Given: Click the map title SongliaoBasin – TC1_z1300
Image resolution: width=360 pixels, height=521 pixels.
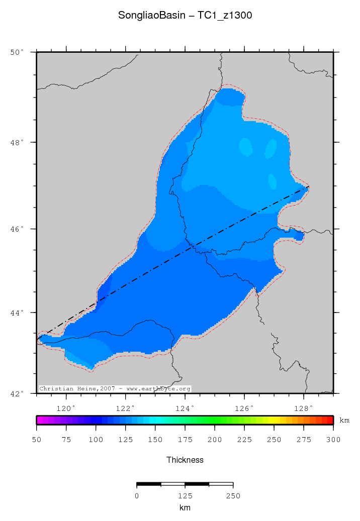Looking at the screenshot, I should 185,16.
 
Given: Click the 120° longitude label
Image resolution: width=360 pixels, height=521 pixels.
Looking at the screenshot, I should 66,408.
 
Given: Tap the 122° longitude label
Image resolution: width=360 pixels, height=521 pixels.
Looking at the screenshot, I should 125,408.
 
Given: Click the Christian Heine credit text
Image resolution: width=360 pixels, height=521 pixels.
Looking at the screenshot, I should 115,389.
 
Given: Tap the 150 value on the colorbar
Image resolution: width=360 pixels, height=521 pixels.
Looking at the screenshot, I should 155,440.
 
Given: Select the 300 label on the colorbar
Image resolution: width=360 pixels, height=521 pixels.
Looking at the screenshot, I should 333,440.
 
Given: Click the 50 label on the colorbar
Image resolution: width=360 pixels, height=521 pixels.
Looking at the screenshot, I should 36,440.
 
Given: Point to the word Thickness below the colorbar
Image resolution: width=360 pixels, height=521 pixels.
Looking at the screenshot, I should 185,460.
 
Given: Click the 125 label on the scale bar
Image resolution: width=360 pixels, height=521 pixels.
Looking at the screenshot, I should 185,496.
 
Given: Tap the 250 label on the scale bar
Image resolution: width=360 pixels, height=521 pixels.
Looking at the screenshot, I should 233,496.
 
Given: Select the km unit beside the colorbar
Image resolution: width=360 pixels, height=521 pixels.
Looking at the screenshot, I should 344,421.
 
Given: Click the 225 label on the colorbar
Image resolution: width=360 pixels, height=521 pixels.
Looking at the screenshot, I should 244,440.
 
